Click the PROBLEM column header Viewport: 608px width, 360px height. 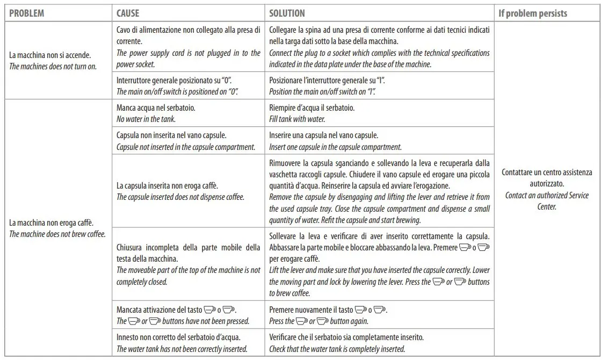27,13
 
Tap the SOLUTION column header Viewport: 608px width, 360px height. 287,13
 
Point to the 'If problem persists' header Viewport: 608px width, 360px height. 532,13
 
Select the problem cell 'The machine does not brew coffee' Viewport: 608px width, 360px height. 57,228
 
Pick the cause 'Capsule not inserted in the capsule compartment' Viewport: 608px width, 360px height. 186,141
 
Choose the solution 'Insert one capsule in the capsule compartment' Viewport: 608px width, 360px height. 336,141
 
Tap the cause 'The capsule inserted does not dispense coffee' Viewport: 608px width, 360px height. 180,191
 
